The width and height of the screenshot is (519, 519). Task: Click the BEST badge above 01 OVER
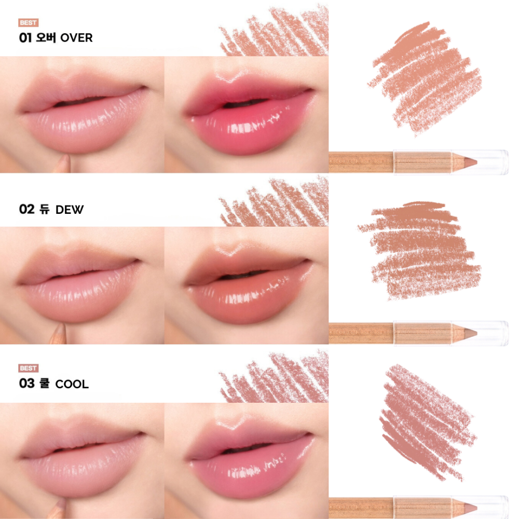coord(29,22)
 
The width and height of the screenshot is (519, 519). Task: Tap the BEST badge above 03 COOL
coord(29,368)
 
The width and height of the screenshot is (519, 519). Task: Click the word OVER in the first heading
coord(76,38)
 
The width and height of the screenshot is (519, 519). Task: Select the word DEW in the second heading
coord(70,210)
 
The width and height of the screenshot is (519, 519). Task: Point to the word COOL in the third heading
coord(72,384)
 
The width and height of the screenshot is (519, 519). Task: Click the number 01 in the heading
coord(25,38)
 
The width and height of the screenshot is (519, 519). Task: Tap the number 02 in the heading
coord(27,209)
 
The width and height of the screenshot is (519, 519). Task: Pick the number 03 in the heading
coord(27,384)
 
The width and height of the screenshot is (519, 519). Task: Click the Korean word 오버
coord(46,37)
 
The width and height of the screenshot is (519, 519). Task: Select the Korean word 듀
coord(44,209)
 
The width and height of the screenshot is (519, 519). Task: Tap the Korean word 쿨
coord(44,384)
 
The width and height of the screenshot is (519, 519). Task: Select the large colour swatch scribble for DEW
coord(419,251)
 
